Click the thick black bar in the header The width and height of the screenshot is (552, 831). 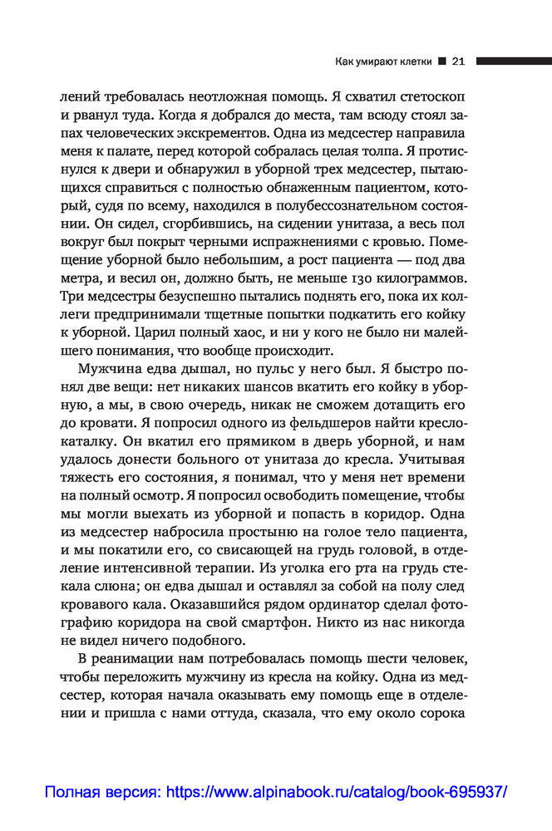[514, 61]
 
